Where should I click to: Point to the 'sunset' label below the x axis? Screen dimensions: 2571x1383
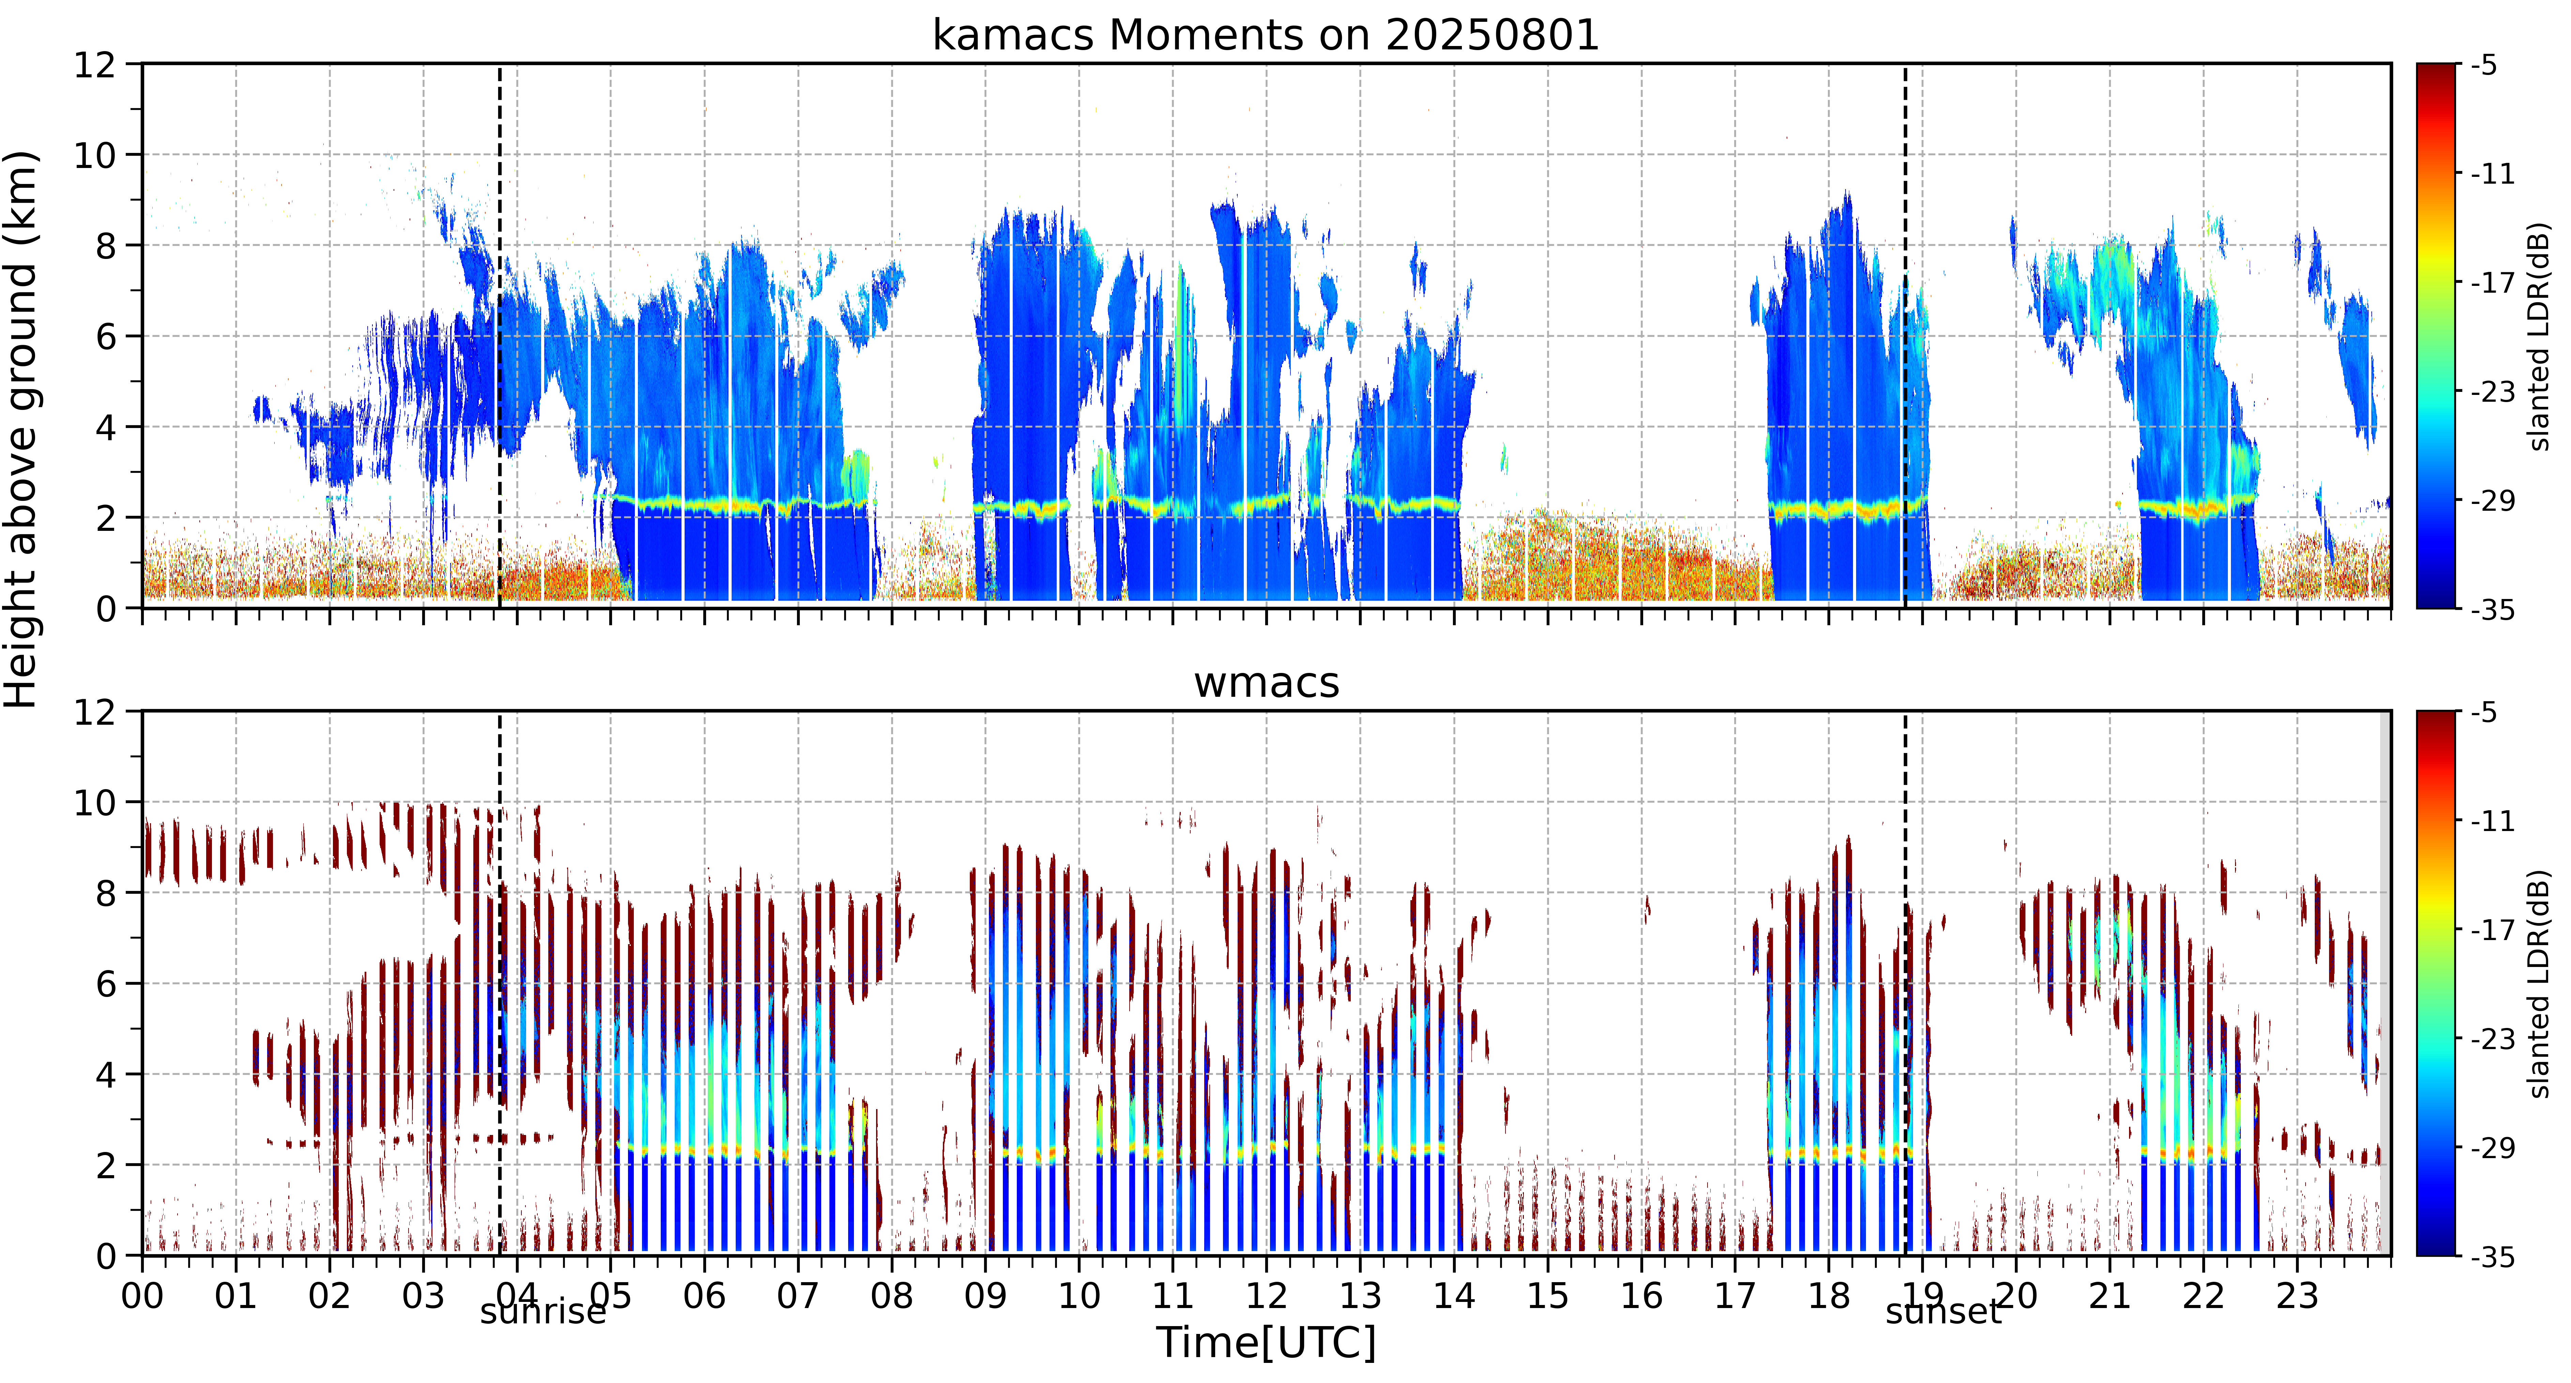[x=1943, y=1311]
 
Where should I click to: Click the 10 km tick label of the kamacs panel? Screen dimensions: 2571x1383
[x=95, y=155]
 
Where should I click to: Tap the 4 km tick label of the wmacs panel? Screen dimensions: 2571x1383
[x=106, y=1075]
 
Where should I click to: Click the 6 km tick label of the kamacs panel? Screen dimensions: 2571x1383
[x=106, y=336]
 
